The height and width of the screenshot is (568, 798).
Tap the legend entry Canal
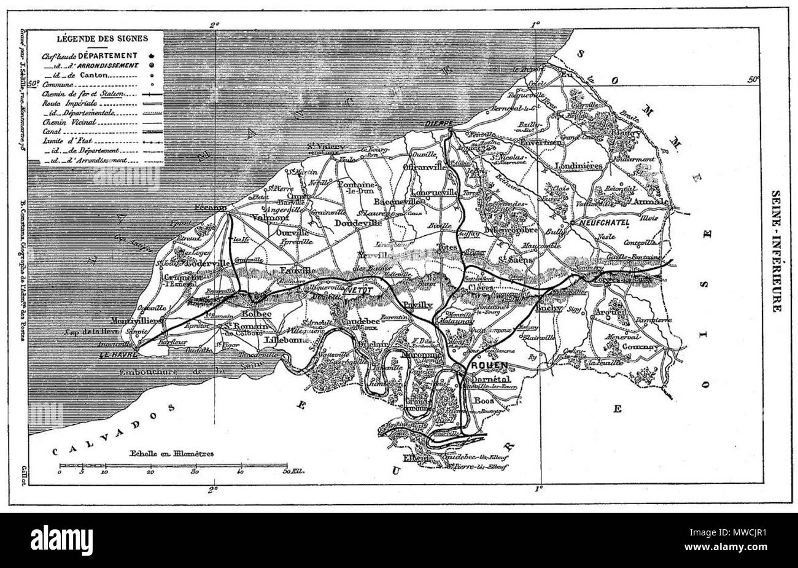pos(53,131)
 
